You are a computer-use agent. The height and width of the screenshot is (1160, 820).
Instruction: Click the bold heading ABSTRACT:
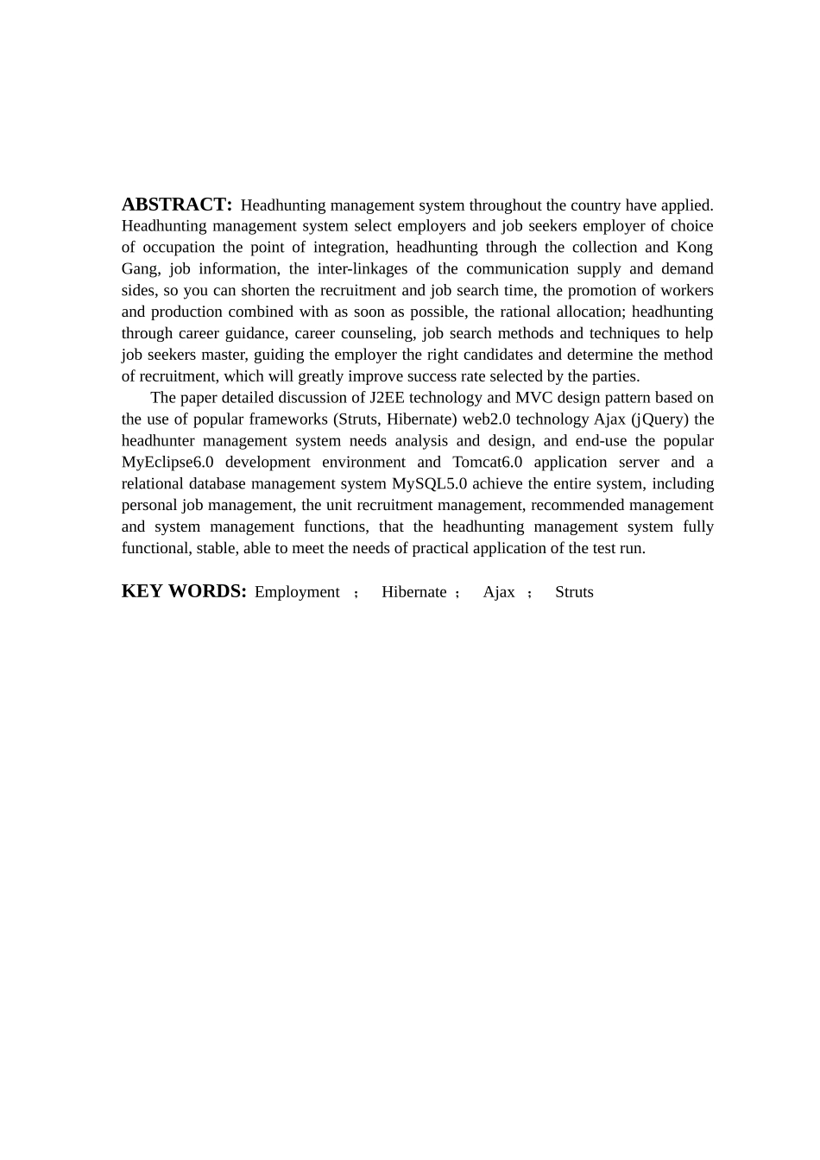point(177,205)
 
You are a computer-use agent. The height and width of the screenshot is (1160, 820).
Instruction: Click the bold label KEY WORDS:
point(184,591)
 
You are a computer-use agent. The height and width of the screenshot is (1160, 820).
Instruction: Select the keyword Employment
point(297,592)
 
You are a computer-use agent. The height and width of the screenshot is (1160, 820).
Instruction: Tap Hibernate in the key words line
point(414,592)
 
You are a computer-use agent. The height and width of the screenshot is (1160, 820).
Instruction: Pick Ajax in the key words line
point(499,592)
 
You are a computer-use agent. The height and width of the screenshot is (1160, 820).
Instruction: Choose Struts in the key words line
point(574,592)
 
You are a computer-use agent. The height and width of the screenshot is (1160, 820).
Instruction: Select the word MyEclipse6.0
point(167,463)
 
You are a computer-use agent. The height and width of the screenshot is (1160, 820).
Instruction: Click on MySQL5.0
point(429,484)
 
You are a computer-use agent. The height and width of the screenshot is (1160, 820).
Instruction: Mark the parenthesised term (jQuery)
point(660,419)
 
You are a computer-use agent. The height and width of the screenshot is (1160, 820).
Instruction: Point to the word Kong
point(694,248)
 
